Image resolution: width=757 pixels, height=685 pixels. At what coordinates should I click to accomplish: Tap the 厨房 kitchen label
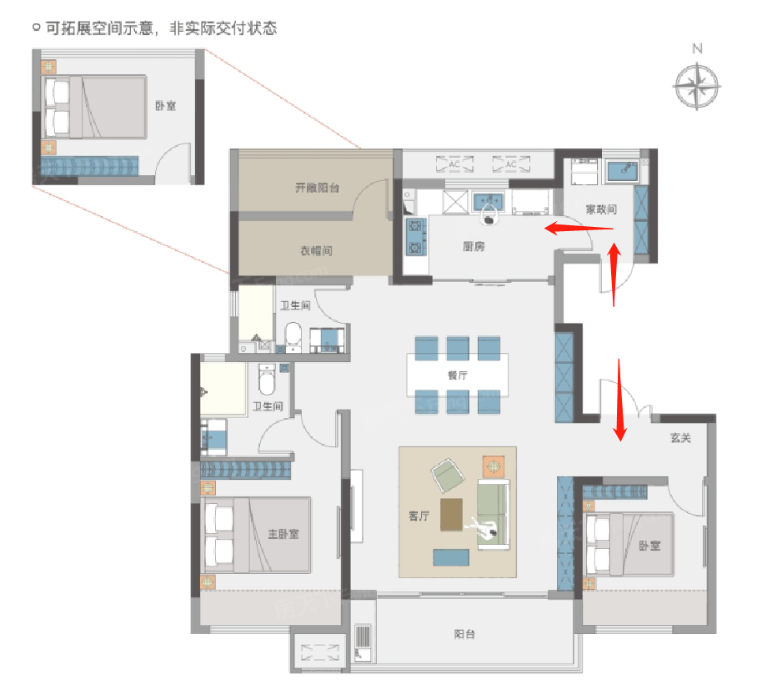(x=474, y=247)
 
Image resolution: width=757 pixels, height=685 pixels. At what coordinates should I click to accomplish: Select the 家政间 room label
(x=601, y=209)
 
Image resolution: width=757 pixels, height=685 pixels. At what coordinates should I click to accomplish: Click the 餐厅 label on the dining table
(x=457, y=375)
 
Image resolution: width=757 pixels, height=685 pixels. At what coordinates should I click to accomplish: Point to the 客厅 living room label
(x=419, y=516)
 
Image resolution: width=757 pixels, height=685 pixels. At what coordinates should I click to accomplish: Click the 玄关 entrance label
(x=680, y=438)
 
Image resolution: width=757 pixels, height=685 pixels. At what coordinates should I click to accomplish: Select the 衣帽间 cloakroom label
(x=316, y=250)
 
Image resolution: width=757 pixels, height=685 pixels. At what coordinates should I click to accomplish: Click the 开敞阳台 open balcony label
(x=317, y=189)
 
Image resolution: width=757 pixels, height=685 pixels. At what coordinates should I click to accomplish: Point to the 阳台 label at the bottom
(x=465, y=634)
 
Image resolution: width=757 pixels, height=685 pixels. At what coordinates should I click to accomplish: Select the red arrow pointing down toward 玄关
(x=619, y=399)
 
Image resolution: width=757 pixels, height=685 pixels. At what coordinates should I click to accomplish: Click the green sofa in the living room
(x=492, y=514)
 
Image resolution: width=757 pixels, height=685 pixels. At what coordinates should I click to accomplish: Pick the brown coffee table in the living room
(x=451, y=514)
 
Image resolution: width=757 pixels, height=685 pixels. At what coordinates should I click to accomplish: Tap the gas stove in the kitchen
(x=414, y=236)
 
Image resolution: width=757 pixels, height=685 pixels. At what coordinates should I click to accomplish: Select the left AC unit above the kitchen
(x=454, y=164)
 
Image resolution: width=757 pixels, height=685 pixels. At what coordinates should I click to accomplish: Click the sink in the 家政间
(x=620, y=172)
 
